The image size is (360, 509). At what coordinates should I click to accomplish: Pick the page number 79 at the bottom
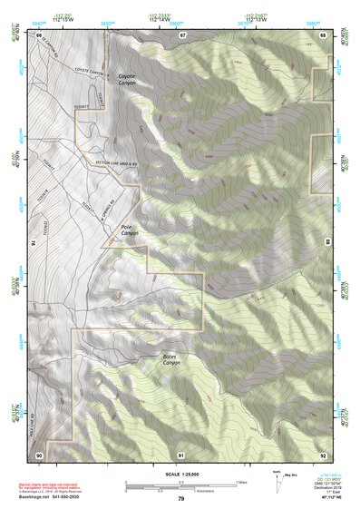click(x=180, y=498)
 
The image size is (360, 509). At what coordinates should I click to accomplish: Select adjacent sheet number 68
click(x=323, y=34)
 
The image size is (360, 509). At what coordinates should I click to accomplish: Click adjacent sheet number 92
click(x=323, y=454)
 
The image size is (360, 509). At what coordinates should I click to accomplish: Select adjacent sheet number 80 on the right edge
click(x=327, y=243)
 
